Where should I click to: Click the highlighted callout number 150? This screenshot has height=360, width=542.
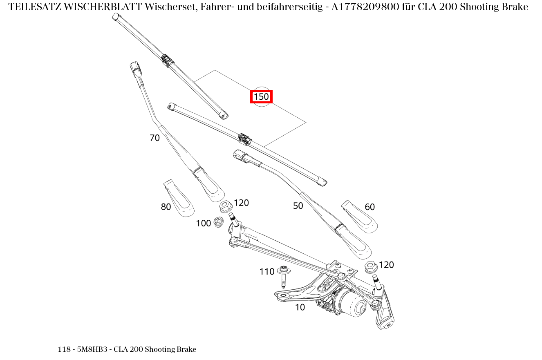tap(261, 97)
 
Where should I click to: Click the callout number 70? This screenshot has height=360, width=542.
tap(155, 138)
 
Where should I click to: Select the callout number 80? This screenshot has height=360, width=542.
tap(166, 207)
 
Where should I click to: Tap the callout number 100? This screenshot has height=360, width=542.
tap(203, 223)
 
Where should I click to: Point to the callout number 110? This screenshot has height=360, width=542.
tap(267, 272)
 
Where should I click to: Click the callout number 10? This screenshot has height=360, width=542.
tap(300, 308)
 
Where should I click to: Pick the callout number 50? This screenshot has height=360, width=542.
tap(298, 206)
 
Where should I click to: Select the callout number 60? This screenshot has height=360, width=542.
tap(370, 207)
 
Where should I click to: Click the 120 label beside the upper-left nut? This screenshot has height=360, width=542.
tap(241, 203)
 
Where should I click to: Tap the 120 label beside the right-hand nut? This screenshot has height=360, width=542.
tap(386, 265)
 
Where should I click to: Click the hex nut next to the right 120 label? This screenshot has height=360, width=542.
tap(370, 267)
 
